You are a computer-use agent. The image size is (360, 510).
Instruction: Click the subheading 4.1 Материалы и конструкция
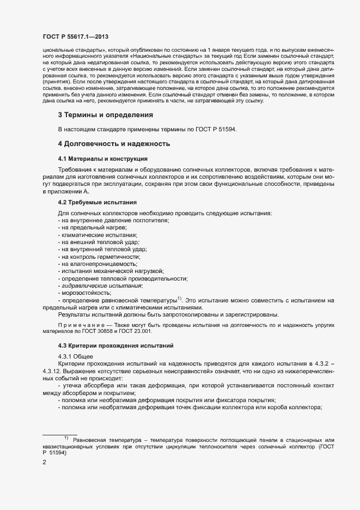[x=102, y=159]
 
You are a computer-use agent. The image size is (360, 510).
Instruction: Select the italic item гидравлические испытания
[x=101, y=286]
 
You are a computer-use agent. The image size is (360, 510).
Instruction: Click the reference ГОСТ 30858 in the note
[x=99, y=331]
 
